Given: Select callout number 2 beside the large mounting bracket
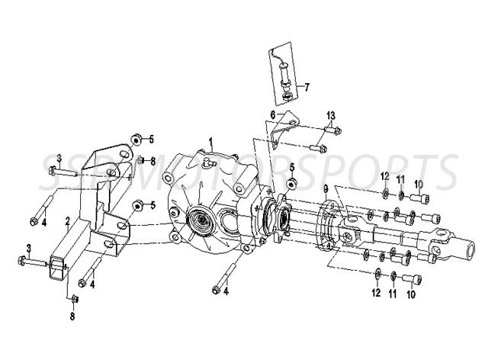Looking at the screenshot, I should click(x=67, y=221).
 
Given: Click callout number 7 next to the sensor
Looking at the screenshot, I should click(x=307, y=86).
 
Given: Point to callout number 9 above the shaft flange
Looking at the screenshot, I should click(x=326, y=188).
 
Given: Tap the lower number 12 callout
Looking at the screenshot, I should click(x=376, y=292).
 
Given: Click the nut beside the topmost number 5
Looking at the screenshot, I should click(x=135, y=139).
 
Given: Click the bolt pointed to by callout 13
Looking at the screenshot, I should click(x=319, y=148).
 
